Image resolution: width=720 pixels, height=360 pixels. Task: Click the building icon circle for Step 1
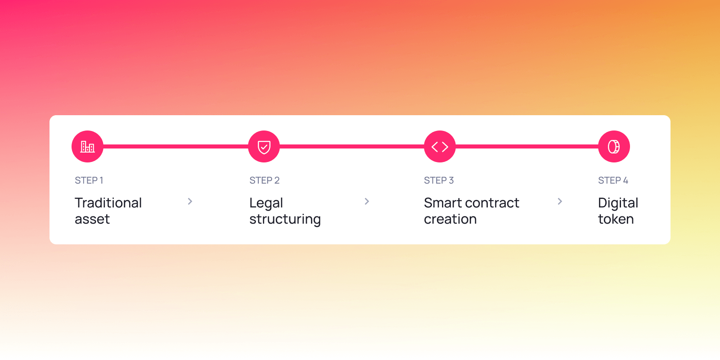87,147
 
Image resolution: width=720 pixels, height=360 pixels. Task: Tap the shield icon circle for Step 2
264,147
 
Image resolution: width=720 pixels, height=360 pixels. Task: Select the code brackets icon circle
440,147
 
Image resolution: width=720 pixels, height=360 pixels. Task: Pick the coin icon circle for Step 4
614,147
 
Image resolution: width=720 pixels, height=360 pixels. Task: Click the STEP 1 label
89,180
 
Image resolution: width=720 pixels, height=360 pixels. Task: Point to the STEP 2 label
265,180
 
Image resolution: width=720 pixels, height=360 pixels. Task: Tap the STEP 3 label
439,180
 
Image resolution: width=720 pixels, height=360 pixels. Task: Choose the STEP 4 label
613,180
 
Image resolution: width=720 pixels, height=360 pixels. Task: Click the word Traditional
108,203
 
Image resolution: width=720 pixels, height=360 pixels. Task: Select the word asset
92,219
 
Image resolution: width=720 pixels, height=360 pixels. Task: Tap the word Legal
266,203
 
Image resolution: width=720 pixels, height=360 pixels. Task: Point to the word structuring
285,220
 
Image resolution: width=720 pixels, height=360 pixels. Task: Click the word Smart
443,203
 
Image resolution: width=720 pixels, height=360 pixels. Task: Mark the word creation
450,219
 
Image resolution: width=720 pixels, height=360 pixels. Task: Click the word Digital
618,203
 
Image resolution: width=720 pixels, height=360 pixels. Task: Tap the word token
616,219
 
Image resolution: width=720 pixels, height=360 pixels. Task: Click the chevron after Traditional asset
190,202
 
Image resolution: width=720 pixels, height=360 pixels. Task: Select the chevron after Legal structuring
367,202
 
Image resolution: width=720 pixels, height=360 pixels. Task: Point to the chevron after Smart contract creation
560,202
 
